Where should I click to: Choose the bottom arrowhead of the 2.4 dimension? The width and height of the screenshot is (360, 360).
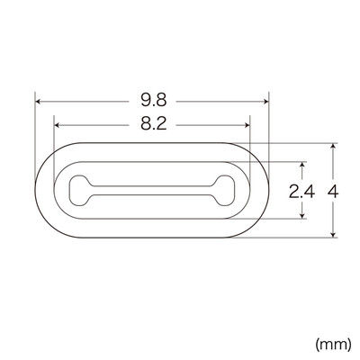click(x=303, y=216)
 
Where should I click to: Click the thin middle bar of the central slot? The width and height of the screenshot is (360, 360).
click(x=153, y=191)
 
